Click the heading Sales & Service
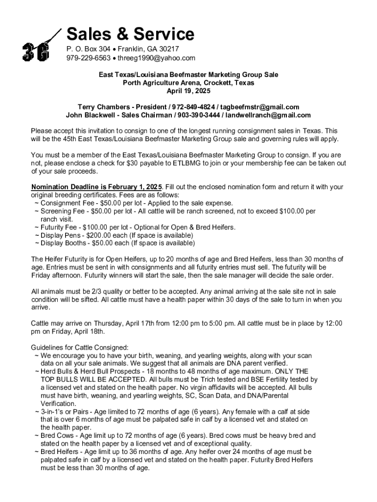(130, 34)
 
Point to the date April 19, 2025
(188, 91)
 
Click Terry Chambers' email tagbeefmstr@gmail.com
(259, 107)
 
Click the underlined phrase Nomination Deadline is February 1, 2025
(96, 187)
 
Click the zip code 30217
(169, 49)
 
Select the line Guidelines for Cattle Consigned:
(80, 347)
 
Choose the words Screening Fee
(63, 211)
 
